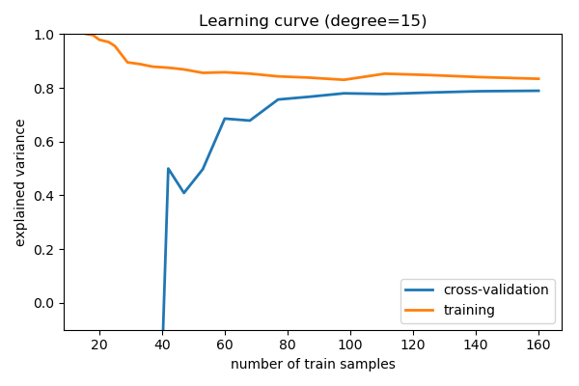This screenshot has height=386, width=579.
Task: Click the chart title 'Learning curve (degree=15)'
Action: tap(313, 20)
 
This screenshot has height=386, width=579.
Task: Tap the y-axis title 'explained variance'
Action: tap(20, 182)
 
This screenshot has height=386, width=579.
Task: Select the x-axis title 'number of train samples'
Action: tap(313, 364)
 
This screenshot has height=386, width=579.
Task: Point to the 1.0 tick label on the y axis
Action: tap(44, 35)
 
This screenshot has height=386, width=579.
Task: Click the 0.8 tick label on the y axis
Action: tap(44, 89)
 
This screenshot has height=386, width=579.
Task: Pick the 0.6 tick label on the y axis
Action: tap(44, 142)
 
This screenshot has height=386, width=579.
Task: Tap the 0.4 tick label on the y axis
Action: tap(44, 196)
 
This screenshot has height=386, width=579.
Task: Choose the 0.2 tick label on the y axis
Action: tap(44, 249)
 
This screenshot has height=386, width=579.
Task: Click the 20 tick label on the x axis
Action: tap(99, 345)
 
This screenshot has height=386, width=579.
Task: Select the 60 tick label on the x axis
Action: tap(225, 345)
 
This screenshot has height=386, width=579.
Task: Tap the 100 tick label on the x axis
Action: tap(350, 345)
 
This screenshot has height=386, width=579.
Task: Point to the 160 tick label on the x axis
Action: tap(538, 345)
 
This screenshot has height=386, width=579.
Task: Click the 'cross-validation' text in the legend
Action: tap(496, 289)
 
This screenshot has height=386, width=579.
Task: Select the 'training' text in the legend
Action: tap(469, 310)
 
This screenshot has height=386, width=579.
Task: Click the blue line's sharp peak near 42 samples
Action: tap(168, 169)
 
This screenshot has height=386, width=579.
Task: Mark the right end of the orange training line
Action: tap(538, 79)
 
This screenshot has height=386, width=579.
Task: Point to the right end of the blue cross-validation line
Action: tap(538, 91)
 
